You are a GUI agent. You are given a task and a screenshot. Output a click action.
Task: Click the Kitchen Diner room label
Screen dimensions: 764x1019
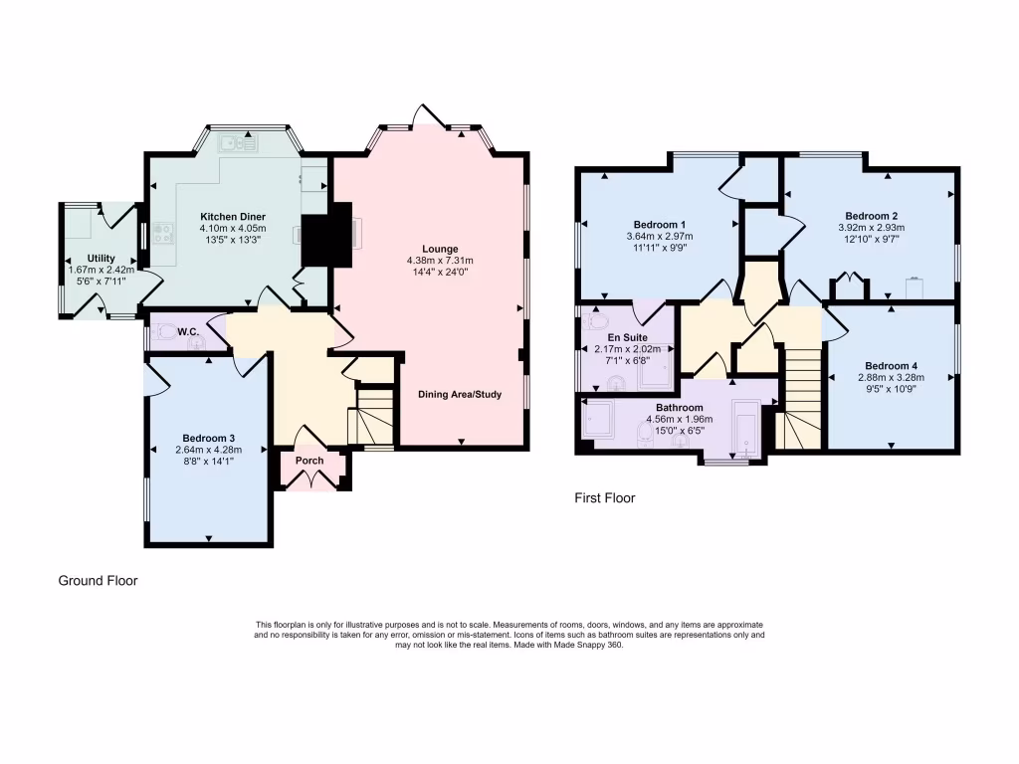click(232, 217)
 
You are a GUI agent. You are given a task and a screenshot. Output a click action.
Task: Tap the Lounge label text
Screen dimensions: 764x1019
click(440, 249)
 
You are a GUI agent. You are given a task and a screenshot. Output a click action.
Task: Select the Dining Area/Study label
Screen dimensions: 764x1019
click(460, 395)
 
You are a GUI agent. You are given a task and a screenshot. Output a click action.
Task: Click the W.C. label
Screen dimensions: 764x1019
click(188, 331)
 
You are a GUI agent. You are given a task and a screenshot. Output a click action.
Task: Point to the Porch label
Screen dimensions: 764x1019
click(309, 461)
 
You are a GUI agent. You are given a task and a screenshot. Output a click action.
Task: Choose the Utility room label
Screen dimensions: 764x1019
click(102, 258)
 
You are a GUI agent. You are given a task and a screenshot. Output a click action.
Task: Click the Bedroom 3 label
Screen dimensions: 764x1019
click(209, 438)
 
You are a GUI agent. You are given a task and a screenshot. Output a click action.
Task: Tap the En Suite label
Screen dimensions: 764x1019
click(627, 337)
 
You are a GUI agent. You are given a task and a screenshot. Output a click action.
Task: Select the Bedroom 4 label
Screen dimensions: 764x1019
click(891, 365)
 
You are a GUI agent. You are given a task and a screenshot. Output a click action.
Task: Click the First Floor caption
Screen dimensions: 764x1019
click(604, 497)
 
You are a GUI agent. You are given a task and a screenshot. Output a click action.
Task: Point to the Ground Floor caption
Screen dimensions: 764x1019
click(98, 581)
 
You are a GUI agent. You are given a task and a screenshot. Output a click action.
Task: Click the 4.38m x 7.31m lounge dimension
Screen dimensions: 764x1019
click(439, 262)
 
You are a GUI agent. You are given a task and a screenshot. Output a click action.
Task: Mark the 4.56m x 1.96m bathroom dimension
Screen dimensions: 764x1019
click(679, 420)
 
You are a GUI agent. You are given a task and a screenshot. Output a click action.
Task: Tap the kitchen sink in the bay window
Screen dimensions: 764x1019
click(240, 142)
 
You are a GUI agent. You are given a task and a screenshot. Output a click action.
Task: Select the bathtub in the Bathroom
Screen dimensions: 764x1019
click(745, 428)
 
